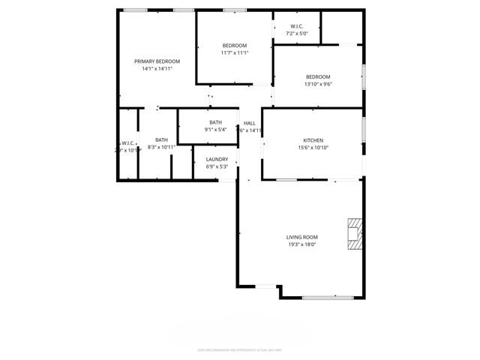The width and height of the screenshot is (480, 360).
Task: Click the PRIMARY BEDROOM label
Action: tap(157, 61)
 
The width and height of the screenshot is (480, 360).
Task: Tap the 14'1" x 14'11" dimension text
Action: tap(157, 68)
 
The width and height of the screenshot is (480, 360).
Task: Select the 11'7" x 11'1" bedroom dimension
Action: tap(234, 52)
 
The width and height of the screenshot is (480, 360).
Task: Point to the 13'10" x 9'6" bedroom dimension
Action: tap(317, 83)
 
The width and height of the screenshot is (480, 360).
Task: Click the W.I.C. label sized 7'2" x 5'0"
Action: tap(297, 26)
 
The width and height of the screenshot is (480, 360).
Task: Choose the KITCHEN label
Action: tap(313, 140)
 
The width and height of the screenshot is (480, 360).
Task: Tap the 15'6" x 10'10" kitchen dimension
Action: tap(313, 148)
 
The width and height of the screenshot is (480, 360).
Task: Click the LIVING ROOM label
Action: tap(301, 237)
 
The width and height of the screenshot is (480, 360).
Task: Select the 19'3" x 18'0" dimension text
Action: tap(301, 244)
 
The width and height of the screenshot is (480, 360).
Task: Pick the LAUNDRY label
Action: tap(217, 159)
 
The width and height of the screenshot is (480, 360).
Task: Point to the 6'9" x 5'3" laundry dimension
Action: tap(217, 166)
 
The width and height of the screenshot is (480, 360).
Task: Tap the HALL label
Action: tap(250, 123)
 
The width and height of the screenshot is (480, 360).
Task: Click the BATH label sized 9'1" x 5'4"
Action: tap(215, 122)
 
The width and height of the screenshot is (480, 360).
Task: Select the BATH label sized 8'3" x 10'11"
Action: tap(161, 139)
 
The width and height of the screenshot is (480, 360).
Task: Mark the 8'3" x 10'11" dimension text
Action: tap(161, 147)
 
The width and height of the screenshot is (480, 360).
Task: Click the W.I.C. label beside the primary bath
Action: tap(127, 142)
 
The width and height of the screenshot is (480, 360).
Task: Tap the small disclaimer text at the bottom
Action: tap(239, 349)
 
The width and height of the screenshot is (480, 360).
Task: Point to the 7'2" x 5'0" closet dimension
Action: tap(297, 34)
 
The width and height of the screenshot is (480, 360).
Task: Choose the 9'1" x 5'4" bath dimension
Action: tap(215, 130)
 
